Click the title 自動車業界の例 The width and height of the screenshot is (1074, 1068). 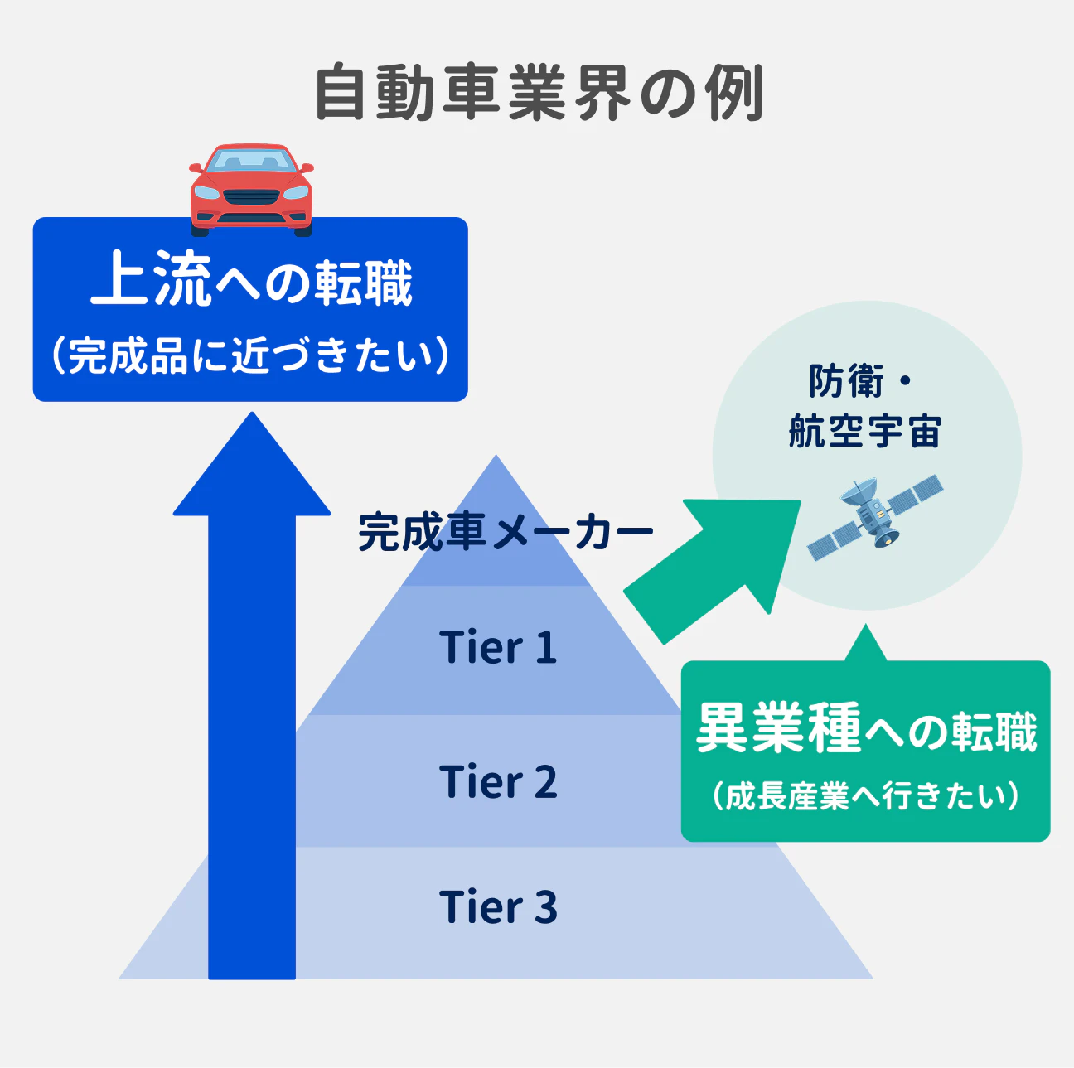539,93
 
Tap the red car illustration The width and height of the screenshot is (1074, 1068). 251,189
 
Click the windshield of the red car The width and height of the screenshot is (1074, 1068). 251,162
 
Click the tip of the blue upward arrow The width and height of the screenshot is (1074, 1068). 251,417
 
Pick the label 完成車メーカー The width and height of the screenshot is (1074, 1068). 506,532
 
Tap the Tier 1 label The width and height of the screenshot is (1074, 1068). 497,648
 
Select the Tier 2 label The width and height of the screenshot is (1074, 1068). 497,782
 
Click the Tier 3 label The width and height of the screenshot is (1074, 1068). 497,907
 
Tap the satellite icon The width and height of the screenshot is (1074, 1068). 875,519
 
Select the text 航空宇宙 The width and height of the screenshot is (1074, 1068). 865,432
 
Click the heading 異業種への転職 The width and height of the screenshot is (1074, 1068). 866,729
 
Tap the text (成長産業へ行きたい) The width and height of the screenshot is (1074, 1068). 866,796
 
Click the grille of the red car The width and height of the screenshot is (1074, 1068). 251,197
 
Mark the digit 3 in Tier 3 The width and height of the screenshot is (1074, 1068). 545,907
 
